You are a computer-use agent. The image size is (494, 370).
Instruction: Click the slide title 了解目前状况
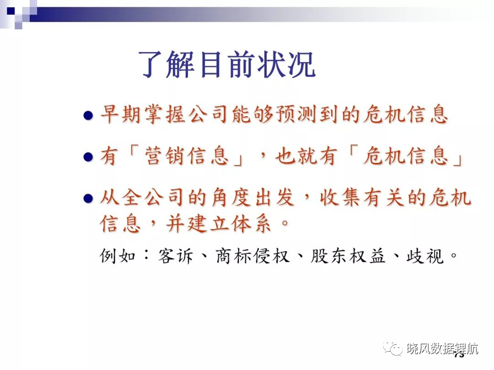click(227, 64)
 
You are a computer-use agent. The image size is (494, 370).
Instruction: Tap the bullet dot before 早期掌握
click(88, 115)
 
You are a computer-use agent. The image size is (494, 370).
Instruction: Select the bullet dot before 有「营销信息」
click(88, 157)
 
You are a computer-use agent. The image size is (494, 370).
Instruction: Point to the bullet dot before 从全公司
click(88, 198)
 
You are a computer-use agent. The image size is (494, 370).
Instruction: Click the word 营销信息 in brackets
click(186, 156)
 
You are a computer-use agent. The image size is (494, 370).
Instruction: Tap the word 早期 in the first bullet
click(120, 114)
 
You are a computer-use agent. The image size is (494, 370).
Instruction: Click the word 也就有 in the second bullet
click(305, 156)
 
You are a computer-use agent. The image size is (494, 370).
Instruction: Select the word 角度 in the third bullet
click(231, 198)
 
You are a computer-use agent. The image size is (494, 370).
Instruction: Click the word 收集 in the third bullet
click(340, 198)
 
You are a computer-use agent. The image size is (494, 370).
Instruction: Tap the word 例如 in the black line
click(118, 256)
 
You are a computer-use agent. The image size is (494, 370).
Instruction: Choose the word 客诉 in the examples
click(176, 256)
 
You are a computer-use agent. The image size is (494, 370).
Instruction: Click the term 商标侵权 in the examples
click(253, 256)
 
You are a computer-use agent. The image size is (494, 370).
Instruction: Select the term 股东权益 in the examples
click(348, 256)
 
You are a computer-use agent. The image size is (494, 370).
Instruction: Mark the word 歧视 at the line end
click(425, 256)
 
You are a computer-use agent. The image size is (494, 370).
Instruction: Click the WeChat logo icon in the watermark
click(392, 348)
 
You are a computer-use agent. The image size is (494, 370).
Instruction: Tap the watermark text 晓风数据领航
click(443, 349)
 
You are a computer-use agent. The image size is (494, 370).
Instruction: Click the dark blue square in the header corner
click(11, 10)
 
